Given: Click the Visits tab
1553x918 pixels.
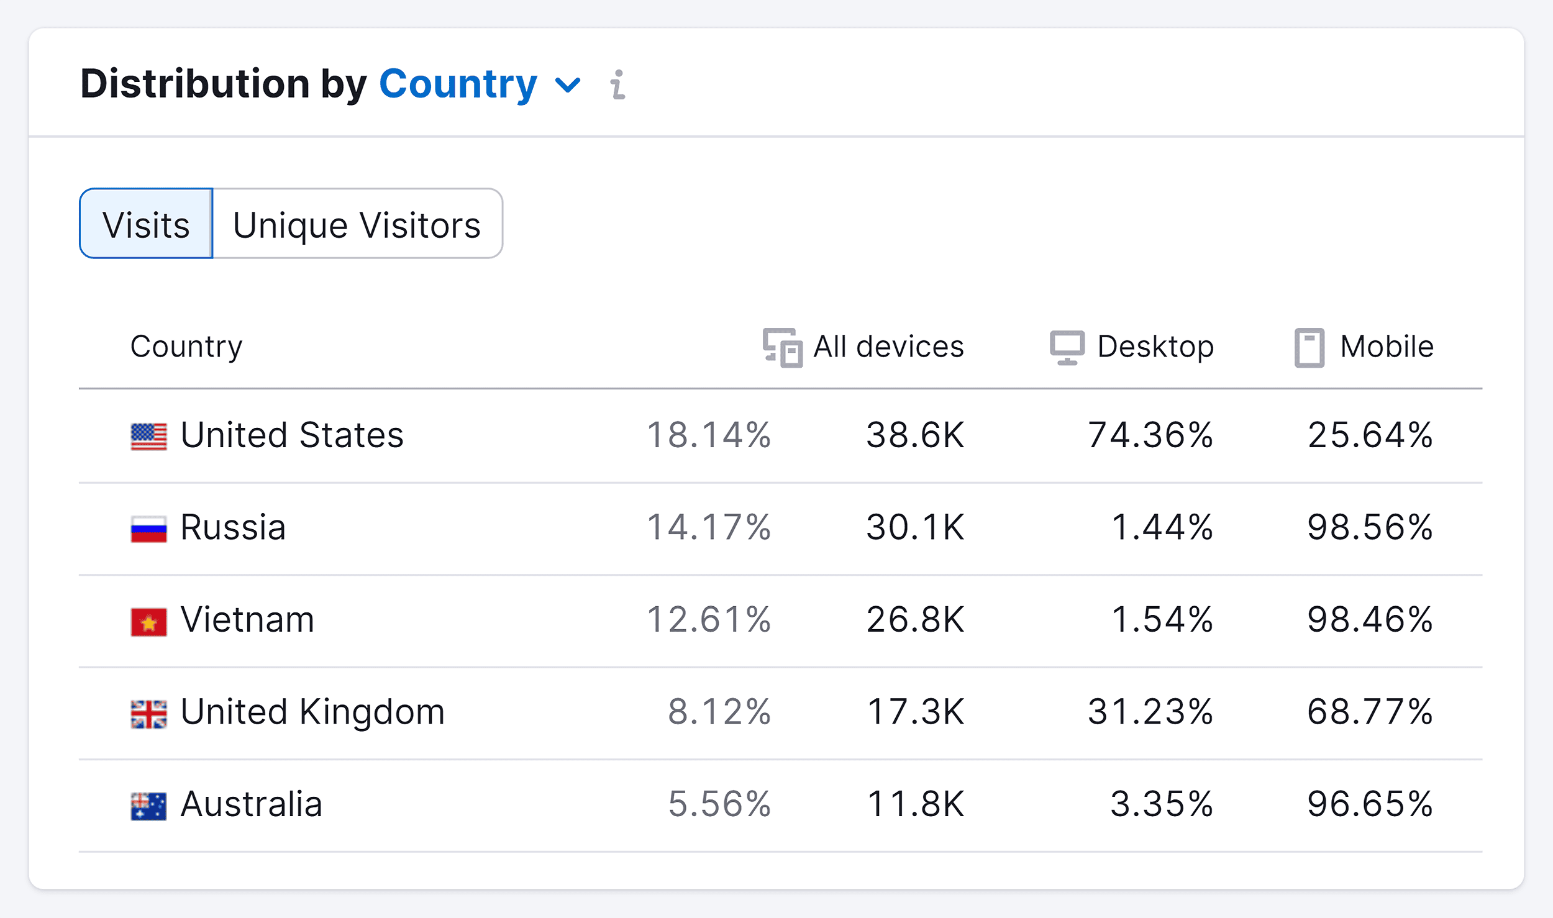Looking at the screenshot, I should click(x=146, y=224).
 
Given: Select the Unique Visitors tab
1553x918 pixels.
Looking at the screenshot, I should click(x=357, y=224).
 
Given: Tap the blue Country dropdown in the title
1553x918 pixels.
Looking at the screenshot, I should click(x=478, y=84).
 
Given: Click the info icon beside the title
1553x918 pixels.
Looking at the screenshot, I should click(x=617, y=84).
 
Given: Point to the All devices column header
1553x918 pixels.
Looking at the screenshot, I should click(x=863, y=347).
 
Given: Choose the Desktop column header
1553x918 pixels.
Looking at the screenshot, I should click(x=1132, y=347).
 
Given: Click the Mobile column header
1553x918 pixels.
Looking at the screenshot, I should click(x=1364, y=347).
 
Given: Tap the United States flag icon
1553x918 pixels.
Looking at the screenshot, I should click(x=148, y=436).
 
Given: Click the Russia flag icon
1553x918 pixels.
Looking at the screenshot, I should click(x=148, y=529).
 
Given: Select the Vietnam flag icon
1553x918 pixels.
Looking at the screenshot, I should click(x=148, y=622).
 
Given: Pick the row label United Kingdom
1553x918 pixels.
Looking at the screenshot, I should click(x=312, y=712).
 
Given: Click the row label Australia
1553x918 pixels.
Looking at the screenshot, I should click(x=251, y=804).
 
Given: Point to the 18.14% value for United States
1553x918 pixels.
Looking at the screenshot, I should click(x=709, y=435).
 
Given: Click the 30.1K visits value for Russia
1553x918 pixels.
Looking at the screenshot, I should click(x=916, y=527).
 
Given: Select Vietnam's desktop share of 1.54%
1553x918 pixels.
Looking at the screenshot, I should click(x=1162, y=620).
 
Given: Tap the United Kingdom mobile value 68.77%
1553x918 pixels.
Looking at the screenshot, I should click(x=1370, y=712).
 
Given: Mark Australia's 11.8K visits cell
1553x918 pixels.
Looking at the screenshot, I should click(x=916, y=804).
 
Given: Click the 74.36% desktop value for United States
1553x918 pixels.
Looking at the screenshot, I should click(x=1150, y=435).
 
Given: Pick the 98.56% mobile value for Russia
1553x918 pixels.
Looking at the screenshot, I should click(x=1370, y=527).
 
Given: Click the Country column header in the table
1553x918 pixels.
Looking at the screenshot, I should click(x=186, y=347).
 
